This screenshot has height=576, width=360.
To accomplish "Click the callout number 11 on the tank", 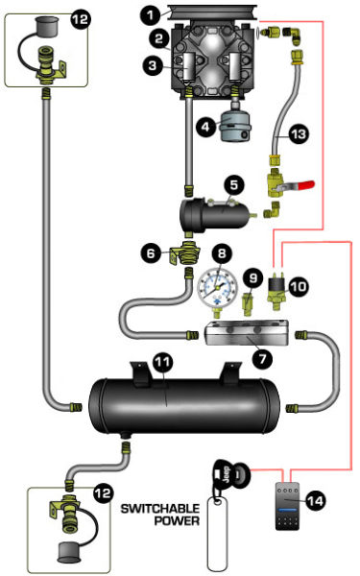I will coord(163,363).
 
